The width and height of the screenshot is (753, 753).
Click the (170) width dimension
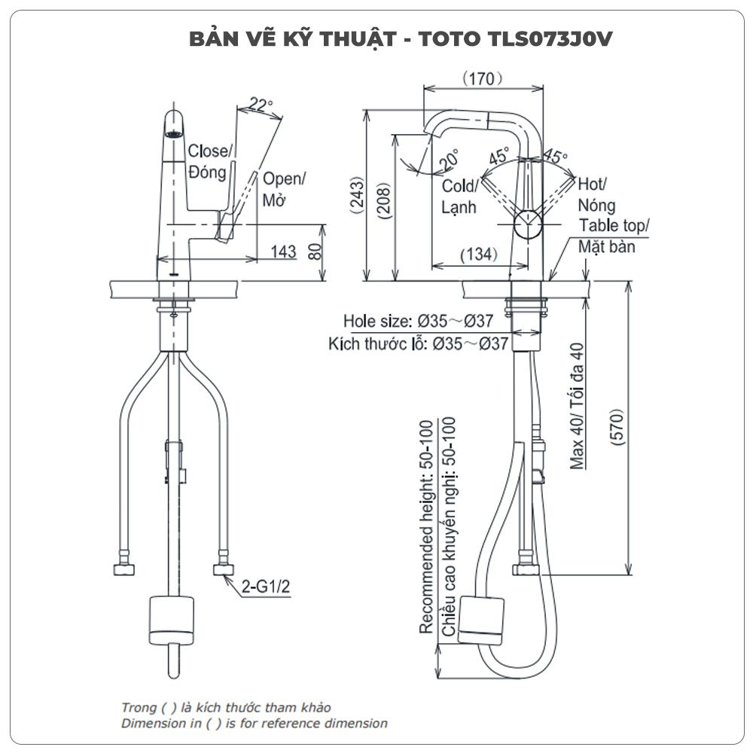click(x=483, y=77)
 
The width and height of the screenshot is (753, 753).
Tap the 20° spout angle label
click(x=450, y=159)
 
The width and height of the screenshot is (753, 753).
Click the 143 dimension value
click(x=283, y=253)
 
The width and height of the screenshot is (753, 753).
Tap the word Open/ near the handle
click(x=284, y=180)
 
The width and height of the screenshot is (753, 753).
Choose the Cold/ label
click(x=459, y=186)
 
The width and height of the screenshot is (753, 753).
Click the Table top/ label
click(x=614, y=226)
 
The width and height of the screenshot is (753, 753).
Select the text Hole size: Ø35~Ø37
click(x=418, y=322)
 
